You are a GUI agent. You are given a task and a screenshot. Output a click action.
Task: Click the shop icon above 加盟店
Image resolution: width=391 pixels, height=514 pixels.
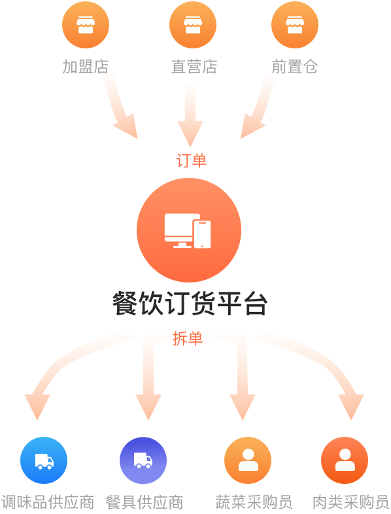(x=86, y=25)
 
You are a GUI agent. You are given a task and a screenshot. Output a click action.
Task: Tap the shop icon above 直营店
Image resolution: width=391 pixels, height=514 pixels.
(x=193, y=25)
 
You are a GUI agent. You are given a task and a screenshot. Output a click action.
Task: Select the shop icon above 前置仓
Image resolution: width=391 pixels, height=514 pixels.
(x=295, y=25)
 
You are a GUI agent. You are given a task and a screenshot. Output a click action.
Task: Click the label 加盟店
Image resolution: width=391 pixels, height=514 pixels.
(x=86, y=67)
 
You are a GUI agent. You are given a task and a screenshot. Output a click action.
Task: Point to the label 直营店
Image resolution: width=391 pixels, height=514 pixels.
(x=194, y=67)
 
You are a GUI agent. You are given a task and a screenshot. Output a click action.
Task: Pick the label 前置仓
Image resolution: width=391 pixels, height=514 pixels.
(x=295, y=67)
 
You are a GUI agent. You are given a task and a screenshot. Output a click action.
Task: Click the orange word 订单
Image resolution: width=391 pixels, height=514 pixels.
(x=192, y=160)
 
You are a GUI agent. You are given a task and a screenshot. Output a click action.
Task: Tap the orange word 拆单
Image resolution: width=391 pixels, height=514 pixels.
(x=188, y=338)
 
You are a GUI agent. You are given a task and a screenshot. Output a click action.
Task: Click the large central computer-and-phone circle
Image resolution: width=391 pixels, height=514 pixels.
(x=189, y=230)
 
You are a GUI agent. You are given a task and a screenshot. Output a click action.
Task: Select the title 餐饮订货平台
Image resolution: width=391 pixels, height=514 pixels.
(x=190, y=303)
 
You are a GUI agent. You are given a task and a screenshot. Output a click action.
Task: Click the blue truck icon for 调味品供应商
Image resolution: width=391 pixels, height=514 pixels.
(x=44, y=460)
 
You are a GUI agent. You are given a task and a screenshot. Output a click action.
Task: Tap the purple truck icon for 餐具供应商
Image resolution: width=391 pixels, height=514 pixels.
(x=143, y=460)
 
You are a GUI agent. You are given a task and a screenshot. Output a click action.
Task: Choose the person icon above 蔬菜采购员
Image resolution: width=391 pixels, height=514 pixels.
(x=248, y=460)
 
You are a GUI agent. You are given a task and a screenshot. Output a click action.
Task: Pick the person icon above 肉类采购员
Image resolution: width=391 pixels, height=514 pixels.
(x=345, y=460)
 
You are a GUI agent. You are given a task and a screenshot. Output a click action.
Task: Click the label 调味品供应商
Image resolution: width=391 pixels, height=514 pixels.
(x=48, y=502)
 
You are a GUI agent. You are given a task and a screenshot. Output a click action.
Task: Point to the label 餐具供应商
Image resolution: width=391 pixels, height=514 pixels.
(x=144, y=502)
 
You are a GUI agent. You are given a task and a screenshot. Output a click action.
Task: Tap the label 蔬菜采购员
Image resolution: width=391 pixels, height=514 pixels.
(x=254, y=502)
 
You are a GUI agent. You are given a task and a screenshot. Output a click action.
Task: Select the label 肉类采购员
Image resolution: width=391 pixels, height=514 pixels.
(x=350, y=502)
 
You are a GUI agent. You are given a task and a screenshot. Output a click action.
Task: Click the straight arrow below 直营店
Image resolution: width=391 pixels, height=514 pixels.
(x=190, y=114)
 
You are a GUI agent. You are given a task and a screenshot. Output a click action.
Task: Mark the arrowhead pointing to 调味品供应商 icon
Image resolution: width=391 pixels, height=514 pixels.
(x=37, y=407)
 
